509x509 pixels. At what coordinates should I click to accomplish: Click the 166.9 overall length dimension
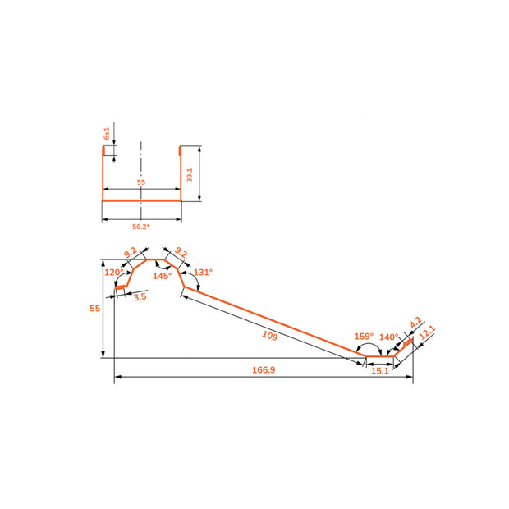pyautogui.click(x=264, y=369)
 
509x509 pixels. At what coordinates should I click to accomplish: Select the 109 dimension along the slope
pyautogui.click(x=270, y=335)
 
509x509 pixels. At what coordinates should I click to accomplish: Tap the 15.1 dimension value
pyautogui.click(x=380, y=371)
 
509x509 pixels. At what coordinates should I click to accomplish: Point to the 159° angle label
pyautogui.click(x=364, y=336)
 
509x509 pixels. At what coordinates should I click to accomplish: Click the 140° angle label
pyautogui.click(x=388, y=337)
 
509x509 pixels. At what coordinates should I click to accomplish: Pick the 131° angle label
pyautogui.click(x=203, y=272)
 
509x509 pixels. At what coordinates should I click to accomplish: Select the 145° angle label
pyautogui.click(x=162, y=276)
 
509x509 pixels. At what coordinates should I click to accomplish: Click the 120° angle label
pyautogui.click(x=114, y=272)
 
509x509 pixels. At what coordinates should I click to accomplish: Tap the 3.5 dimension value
pyautogui.click(x=140, y=296)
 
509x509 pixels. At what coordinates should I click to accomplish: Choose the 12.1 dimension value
pyautogui.click(x=427, y=332)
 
